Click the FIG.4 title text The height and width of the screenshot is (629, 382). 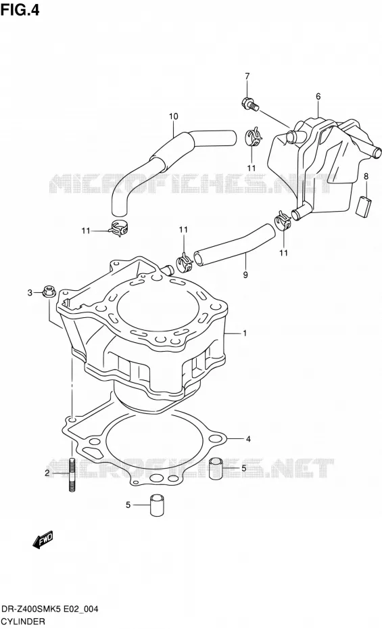click(20, 9)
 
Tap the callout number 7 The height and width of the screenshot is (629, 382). click(247, 76)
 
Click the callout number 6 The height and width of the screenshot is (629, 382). click(318, 96)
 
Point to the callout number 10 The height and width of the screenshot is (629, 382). click(174, 116)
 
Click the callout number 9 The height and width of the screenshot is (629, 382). click(245, 275)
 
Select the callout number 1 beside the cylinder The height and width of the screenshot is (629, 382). click(245, 333)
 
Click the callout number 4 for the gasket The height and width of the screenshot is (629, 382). click(249, 439)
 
